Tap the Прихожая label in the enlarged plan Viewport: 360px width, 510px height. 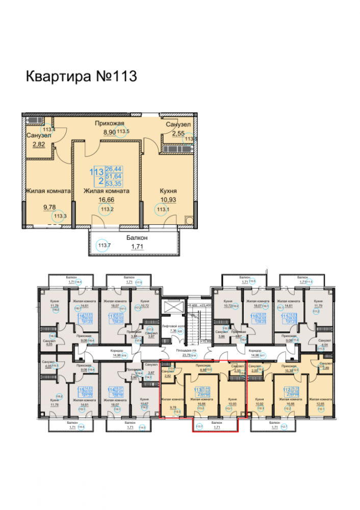110,123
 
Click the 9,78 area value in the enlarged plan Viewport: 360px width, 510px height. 49,208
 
